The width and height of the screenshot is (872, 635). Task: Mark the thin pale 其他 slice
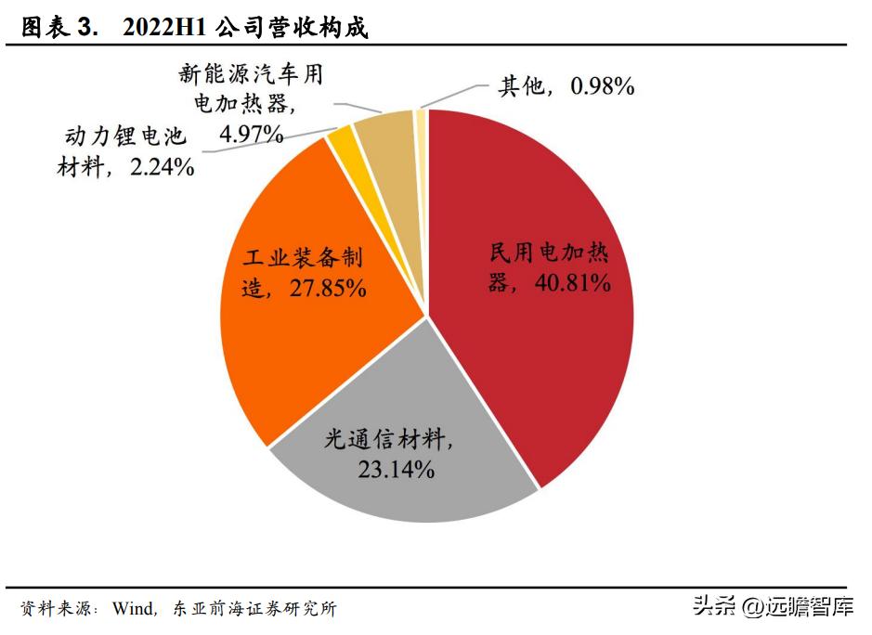click(x=421, y=116)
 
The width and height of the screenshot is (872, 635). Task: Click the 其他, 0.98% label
click(x=566, y=86)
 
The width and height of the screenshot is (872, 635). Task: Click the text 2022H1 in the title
click(x=163, y=29)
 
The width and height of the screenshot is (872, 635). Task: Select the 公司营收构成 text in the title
click(x=291, y=29)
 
